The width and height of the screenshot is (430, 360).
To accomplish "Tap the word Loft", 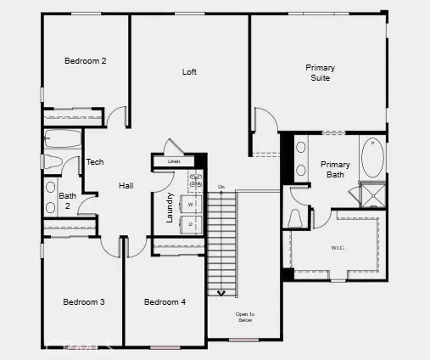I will (x=189, y=72).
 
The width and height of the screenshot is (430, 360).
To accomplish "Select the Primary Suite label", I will (x=320, y=73).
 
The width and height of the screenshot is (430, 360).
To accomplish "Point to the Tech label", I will (x=95, y=162).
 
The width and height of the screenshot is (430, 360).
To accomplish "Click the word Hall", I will (x=126, y=185).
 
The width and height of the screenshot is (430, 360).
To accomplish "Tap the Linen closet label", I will (x=174, y=161).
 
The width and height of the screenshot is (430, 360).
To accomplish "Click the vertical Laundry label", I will (x=170, y=207).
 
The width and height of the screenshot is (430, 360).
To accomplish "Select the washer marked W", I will (x=191, y=205).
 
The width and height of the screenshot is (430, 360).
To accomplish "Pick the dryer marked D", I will (x=191, y=223).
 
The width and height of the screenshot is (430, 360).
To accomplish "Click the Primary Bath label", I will (x=335, y=170).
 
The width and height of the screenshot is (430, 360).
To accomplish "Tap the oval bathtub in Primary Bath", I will (x=371, y=157).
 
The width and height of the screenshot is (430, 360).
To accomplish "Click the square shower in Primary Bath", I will (x=371, y=197).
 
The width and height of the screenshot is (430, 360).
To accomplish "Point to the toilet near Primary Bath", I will (x=297, y=219).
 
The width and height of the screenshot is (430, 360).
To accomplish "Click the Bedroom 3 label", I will (x=84, y=302).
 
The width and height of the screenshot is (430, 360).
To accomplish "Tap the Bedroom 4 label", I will (x=165, y=302).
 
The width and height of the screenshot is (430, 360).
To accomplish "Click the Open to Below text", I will (x=244, y=318).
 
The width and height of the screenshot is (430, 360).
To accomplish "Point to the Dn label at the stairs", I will (x=221, y=186).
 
